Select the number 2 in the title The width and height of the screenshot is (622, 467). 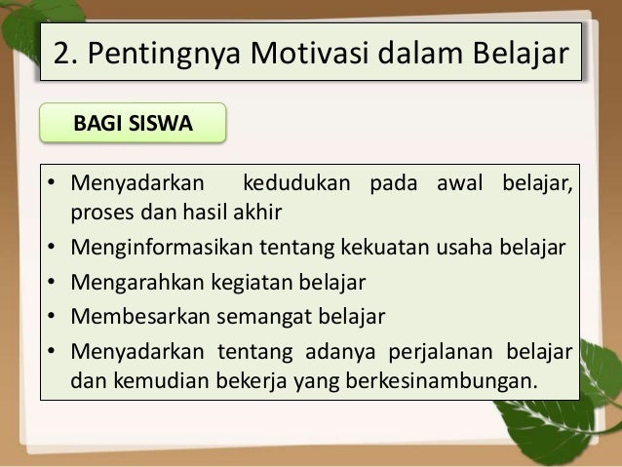click(61, 53)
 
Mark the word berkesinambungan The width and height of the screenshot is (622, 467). click(440, 378)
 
